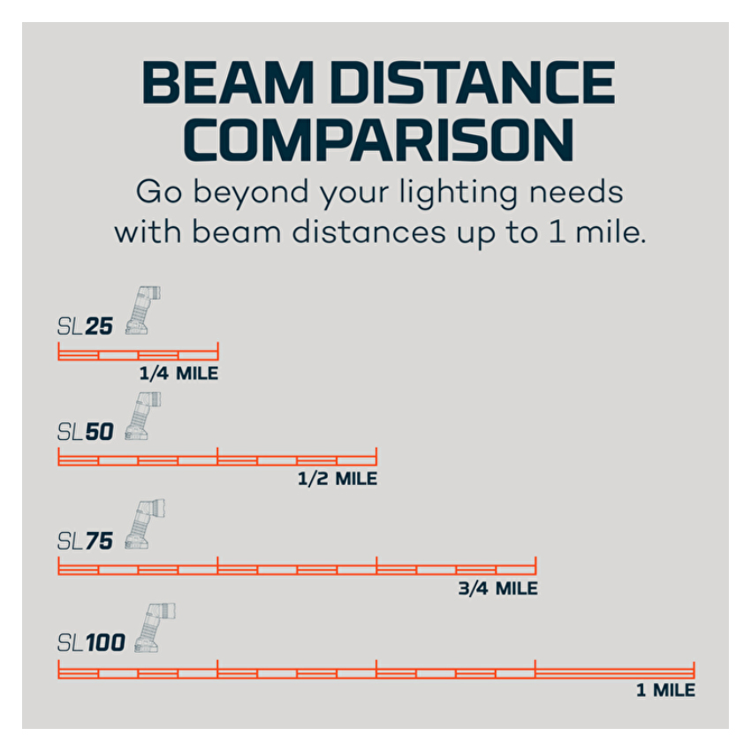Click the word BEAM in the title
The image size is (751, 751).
pyautogui.click(x=227, y=82)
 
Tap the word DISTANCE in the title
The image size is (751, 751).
pyautogui.click(x=473, y=82)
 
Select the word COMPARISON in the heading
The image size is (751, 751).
pyautogui.click(x=378, y=140)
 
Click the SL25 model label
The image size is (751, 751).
pyautogui.click(x=85, y=326)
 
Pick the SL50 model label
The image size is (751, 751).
pyautogui.click(x=85, y=432)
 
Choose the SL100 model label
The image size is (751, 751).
pyautogui.click(x=91, y=642)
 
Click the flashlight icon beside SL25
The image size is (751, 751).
pyautogui.click(x=142, y=310)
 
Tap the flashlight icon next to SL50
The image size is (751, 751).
pyautogui.click(x=142, y=416)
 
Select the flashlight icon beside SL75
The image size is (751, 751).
pyautogui.click(x=144, y=524)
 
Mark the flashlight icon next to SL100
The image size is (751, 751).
pyautogui.click(x=155, y=627)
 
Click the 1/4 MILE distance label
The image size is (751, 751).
pyautogui.click(x=178, y=374)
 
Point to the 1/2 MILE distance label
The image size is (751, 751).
pyautogui.click(x=338, y=479)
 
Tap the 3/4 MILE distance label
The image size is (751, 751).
pyautogui.click(x=497, y=588)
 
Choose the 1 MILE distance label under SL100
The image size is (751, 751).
pyautogui.click(x=666, y=690)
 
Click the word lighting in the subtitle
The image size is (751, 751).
pyautogui.click(x=459, y=193)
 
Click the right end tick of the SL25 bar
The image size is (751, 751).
pyautogui.click(x=218, y=351)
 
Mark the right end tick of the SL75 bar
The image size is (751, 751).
pyautogui.click(x=535, y=565)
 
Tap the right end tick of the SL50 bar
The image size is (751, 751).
pyautogui.click(x=376, y=457)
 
